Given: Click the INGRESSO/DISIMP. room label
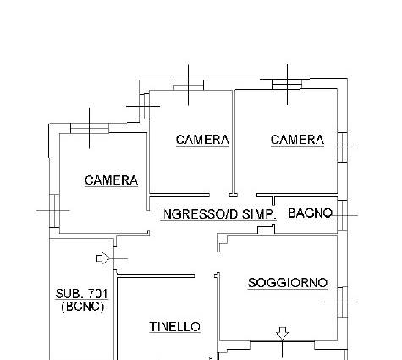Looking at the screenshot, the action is (218, 214).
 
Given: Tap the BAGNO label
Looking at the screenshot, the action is (311, 213).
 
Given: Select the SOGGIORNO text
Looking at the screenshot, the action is (288, 283).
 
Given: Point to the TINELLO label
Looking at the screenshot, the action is (174, 327).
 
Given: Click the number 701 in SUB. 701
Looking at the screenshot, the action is (98, 294).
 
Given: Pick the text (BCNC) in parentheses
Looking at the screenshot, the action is (82, 307).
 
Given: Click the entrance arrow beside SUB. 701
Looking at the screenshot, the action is (103, 258).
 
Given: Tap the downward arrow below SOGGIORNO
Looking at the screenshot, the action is (282, 334).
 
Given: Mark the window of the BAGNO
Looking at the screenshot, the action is (342, 215).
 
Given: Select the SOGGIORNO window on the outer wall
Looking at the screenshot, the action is (342, 302).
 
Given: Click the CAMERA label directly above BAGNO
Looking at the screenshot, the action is (297, 140).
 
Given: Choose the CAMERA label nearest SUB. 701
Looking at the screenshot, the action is (111, 180).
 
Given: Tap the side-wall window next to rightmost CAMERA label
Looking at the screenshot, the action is (342, 147).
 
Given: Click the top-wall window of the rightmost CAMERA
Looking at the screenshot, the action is (287, 84).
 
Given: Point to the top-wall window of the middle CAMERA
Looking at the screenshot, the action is (188, 85).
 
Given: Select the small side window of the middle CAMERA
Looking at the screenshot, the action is (144, 107).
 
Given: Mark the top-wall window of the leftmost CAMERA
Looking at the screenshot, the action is (90, 128).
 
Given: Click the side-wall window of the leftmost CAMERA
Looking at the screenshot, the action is (54, 211).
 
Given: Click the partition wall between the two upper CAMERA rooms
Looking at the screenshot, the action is (234, 141).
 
